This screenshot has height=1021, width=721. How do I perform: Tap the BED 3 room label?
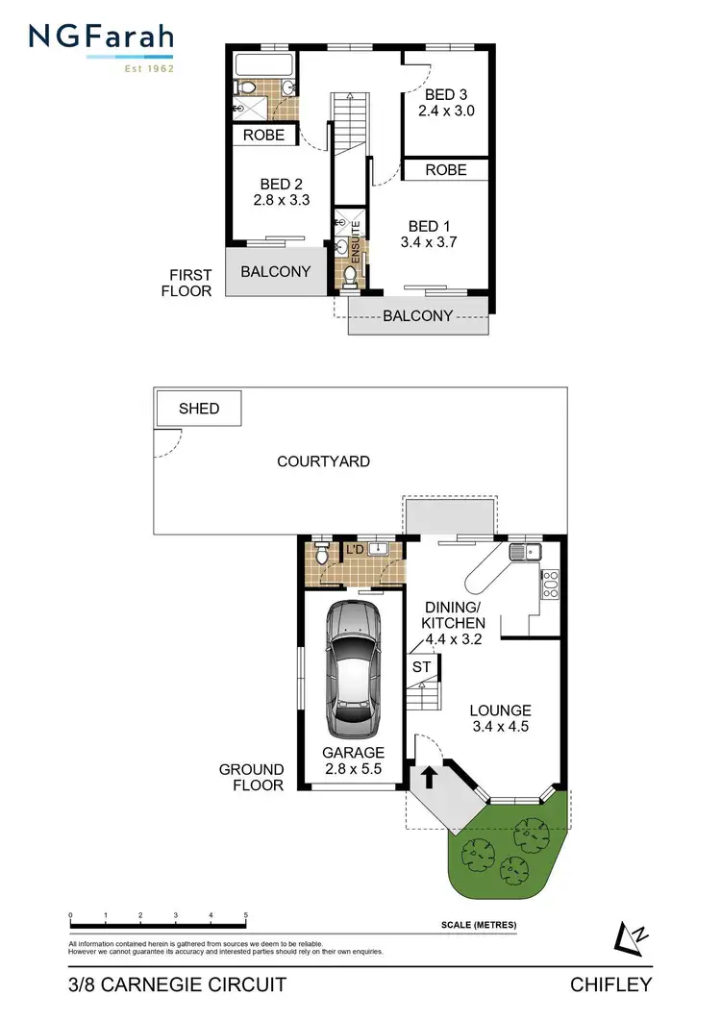[x=446, y=95]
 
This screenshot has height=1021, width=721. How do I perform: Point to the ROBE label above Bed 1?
[x=445, y=170]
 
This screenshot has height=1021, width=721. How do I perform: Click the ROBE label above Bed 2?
[x=263, y=136]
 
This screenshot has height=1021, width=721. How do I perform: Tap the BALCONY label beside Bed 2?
[x=276, y=272]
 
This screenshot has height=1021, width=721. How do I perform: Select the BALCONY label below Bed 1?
[x=418, y=315]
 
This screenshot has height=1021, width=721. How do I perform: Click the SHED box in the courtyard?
[x=199, y=409]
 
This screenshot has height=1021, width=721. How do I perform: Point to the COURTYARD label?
[x=323, y=461]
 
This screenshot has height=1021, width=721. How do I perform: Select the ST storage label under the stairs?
[x=421, y=666]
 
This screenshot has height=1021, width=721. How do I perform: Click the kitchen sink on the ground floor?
[x=527, y=552]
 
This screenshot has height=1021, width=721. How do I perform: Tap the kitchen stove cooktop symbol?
[x=550, y=585]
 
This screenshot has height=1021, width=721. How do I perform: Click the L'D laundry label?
[x=354, y=549]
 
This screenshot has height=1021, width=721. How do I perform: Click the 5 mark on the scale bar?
[x=246, y=915]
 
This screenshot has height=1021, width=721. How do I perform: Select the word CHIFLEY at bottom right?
[x=612, y=984]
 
